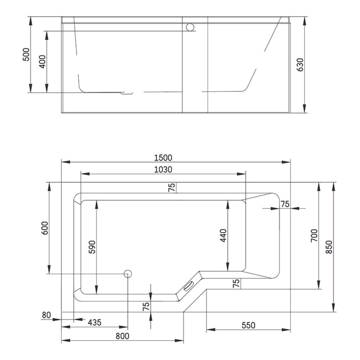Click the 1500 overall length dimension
(x=163, y=158)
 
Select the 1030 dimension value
(x=163, y=169)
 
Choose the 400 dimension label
(x=42, y=62)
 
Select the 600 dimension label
(x=45, y=228)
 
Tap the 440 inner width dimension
(x=223, y=235)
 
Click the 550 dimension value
(x=248, y=325)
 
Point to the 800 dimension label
(x=122, y=336)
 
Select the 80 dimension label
(x=46, y=315)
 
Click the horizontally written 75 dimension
(x=285, y=204)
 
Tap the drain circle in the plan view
(x=128, y=274)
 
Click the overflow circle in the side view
(x=190, y=27)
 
